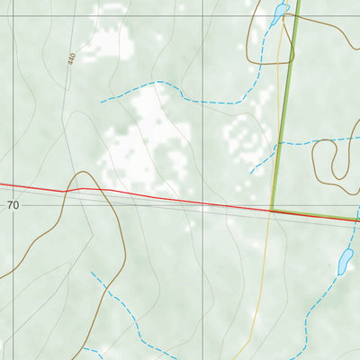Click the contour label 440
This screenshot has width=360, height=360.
pos(71,58)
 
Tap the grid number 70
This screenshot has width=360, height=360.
pos(13,205)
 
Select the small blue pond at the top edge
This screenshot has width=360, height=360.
pos(279,13)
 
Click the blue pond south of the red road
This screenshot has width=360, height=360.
pos(344,262)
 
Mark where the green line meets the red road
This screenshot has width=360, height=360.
pos(272,211)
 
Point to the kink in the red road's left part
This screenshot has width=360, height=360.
pos(81,189)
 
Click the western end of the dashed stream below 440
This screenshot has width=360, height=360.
pos(102,102)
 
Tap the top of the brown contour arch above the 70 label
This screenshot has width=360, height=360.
pos(83,172)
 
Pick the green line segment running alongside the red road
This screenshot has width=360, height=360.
pos(315,214)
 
